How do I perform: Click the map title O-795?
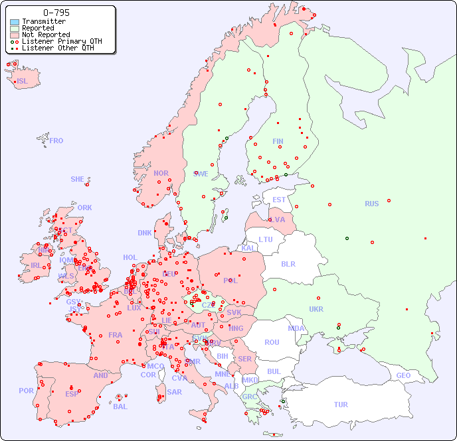click(x=56, y=13)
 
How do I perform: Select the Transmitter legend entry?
click(x=44, y=21)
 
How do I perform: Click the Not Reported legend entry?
click(x=46, y=34)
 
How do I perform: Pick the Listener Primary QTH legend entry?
click(x=62, y=41)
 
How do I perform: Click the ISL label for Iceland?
click(x=23, y=82)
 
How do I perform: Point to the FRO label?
click(x=56, y=141)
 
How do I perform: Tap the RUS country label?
click(x=371, y=204)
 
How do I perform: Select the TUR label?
click(x=341, y=405)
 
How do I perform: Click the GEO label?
click(x=403, y=375)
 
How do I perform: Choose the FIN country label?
click(x=278, y=141)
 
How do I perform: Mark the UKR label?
click(x=316, y=309)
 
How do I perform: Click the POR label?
click(x=26, y=391)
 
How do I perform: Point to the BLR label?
click(x=288, y=263)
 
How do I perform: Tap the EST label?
click(x=279, y=200)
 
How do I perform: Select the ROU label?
click(x=272, y=342)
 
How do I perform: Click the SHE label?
click(x=78, y=179)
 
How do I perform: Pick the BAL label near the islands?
click(x=120, y=407)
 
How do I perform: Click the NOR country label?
click(x=161, y=173)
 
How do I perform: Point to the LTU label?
click(x=266, y=239)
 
